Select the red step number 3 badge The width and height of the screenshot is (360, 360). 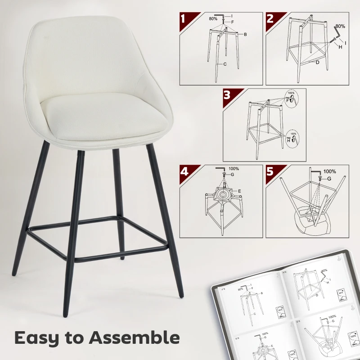[x=227, y=95]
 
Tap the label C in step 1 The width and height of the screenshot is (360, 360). [x=225, y=65]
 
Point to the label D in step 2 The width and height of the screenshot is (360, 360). [x=317, y=62]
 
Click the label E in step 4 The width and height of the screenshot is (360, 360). [x=240, y=191]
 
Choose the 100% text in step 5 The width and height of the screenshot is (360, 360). [x=329, y=171]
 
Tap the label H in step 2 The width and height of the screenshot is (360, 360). [x=340, y=47]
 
